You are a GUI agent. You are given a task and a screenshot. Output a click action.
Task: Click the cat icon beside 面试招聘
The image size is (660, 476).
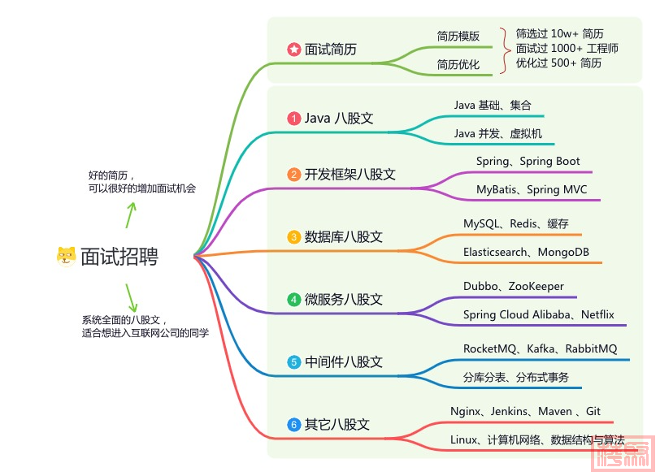66,256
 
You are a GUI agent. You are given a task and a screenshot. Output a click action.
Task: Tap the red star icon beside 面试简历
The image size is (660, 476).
293,50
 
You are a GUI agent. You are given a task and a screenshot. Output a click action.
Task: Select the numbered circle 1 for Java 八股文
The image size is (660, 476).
293,118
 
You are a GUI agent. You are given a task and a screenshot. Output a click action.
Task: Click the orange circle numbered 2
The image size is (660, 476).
293,175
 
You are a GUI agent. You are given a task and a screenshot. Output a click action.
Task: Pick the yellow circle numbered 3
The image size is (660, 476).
293,237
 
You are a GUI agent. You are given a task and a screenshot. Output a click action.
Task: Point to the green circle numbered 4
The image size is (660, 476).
293,300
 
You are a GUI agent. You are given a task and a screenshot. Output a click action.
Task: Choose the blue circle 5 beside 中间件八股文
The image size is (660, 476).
293,361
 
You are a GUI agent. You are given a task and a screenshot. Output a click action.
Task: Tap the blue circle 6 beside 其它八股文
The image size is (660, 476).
293,424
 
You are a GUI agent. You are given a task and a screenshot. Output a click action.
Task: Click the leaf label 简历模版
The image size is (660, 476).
458,36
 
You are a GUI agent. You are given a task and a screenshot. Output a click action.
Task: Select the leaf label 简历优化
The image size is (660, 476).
458,64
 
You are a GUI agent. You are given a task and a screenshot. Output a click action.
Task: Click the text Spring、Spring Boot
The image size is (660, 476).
528,162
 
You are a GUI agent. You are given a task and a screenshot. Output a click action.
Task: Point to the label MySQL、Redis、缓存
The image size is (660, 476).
515,223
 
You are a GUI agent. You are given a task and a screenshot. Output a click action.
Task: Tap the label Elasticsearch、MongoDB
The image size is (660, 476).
526,252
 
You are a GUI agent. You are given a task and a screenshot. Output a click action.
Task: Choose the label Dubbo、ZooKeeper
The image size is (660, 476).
513,286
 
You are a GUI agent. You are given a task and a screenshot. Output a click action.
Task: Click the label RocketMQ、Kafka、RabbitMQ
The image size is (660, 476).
540,348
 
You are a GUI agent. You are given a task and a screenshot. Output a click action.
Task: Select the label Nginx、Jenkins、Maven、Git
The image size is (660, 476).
525,411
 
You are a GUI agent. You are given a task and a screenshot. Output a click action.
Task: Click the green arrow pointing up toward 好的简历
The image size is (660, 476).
129,214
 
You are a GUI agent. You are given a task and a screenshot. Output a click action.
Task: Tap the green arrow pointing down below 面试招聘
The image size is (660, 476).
130,296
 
